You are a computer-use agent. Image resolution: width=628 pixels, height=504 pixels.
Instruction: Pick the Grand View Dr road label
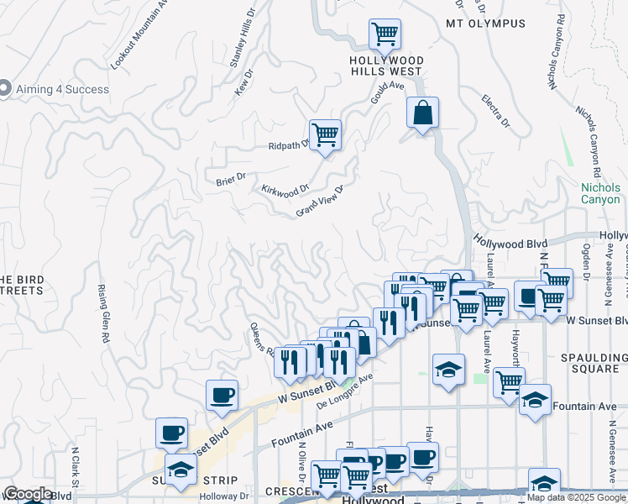pos(320,202)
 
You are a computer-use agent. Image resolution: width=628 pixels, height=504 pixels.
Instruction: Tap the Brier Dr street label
pos(230,177)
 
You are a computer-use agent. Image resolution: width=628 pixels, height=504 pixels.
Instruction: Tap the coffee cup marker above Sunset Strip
pos(171,433)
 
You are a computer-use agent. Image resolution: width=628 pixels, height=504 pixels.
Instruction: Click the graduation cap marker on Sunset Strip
pos(179,470)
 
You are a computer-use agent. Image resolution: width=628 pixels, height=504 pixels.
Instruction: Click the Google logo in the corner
pos(28,494)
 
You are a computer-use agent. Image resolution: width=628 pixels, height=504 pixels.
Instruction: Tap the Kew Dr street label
pos(243,84)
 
